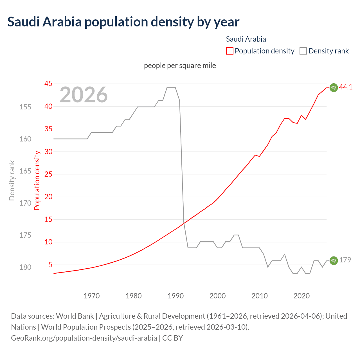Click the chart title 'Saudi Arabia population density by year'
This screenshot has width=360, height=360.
point(123,22)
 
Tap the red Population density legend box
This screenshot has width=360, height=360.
point(229,51)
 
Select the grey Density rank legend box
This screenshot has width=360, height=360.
point(303,51)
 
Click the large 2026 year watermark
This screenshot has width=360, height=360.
point(84,95)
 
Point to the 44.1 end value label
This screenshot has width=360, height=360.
point(346,87)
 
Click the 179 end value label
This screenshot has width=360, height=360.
point(345,260)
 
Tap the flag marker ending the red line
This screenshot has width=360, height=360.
point(333,88)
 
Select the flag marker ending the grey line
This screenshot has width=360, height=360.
point(333,261)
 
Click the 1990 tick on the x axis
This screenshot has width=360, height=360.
point(175,296)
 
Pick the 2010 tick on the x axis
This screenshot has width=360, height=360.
point(259,296)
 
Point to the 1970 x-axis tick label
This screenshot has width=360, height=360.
point(92,296)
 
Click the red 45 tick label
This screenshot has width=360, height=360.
point(48,84)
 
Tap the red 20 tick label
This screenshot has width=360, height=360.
point(48,197)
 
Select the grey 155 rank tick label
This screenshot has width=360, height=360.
point(25,107)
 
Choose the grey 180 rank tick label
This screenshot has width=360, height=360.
point(25,267)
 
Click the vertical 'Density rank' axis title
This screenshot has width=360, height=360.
point(12,181)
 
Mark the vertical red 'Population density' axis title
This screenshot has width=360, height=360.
point(37,181)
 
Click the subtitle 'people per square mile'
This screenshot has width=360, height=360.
point(180,66)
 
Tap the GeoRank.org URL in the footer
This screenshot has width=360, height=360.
point(84,338)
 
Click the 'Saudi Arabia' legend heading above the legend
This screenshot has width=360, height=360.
point(246,39)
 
